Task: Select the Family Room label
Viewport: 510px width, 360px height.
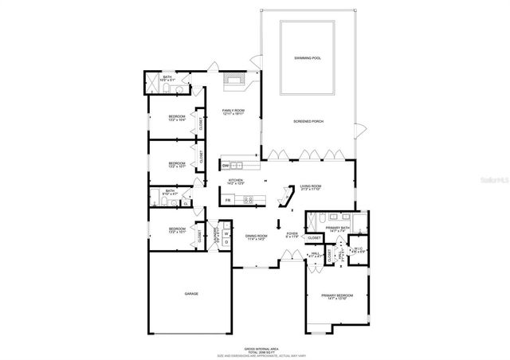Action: tap(233, 112)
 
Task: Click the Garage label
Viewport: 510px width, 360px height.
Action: tap(191, 294)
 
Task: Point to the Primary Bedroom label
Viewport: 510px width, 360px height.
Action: tap(336, 297)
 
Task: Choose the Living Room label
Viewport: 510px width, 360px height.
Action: tap(310, 188)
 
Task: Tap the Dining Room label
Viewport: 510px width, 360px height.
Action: tap(256, 237)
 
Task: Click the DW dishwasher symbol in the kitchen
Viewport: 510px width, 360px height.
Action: tap(226, 166)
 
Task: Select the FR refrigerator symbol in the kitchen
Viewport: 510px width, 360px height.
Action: tap(228, 200)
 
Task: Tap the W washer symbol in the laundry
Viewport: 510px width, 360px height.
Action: tap(226, 233)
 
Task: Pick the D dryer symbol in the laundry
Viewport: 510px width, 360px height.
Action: tap(226, 241)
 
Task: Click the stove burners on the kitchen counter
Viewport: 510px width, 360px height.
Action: tap(248, 200)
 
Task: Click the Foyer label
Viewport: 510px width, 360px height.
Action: tap(292, 236)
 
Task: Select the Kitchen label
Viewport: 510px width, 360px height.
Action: tap(236, 182)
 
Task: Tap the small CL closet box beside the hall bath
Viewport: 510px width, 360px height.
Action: tap(185, 203)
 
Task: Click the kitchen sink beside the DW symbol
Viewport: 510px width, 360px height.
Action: tap(237, 166)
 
